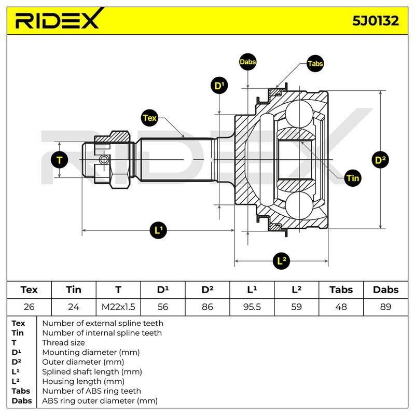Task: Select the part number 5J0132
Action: (375, 21)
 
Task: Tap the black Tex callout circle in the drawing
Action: (149, 118)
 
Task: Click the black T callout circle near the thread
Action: (59, 160)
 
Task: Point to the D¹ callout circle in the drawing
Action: (219, 86)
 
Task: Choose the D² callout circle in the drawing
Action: (380, 160)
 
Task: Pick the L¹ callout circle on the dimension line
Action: (158, 230)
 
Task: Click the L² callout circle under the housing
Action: (281, 261)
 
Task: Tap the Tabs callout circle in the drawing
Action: (315, 63)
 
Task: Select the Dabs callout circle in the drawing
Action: (247, 62)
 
